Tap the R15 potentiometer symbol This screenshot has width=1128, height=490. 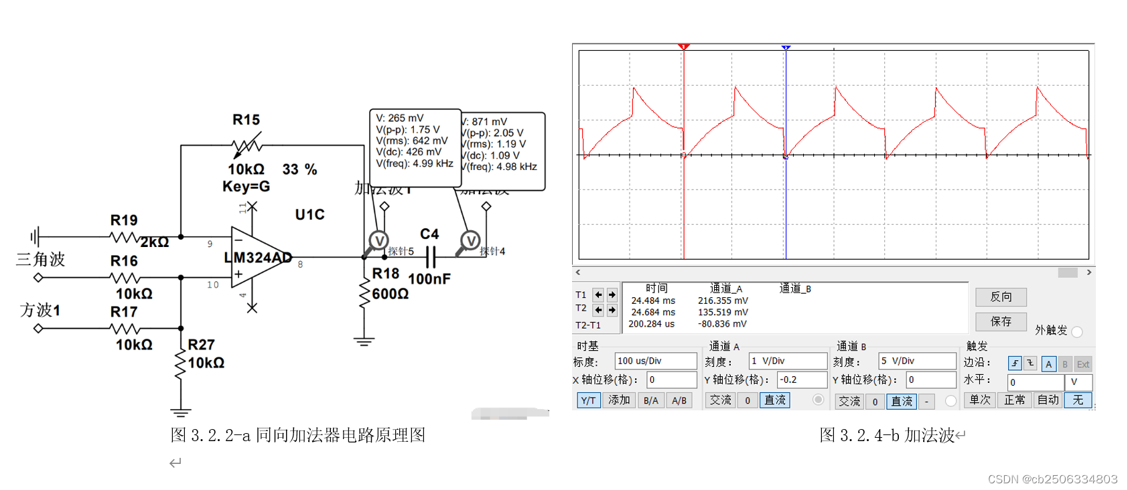[246, 145]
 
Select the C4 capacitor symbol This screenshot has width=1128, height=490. [430, 257]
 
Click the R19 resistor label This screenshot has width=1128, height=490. [124, 220]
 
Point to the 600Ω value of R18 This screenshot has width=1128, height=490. [390, 294]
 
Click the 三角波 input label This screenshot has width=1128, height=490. [40, 260]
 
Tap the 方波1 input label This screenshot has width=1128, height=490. [40, 311]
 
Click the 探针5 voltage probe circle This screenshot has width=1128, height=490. [378, 241]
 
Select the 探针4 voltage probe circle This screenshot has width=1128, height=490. [470, 241]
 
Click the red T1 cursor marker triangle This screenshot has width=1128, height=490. [683, 47]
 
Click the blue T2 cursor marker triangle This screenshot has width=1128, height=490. [786, 48]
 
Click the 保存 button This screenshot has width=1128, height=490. [1001, 321]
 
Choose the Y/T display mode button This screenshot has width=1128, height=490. [588, 400]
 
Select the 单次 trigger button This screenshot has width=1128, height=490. [980, 400]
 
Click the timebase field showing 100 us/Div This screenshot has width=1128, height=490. [655, 361]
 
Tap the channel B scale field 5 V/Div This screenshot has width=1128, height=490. [916, 361]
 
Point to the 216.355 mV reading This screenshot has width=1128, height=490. [723, 301]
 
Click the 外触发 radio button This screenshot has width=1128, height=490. [1077, 331]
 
